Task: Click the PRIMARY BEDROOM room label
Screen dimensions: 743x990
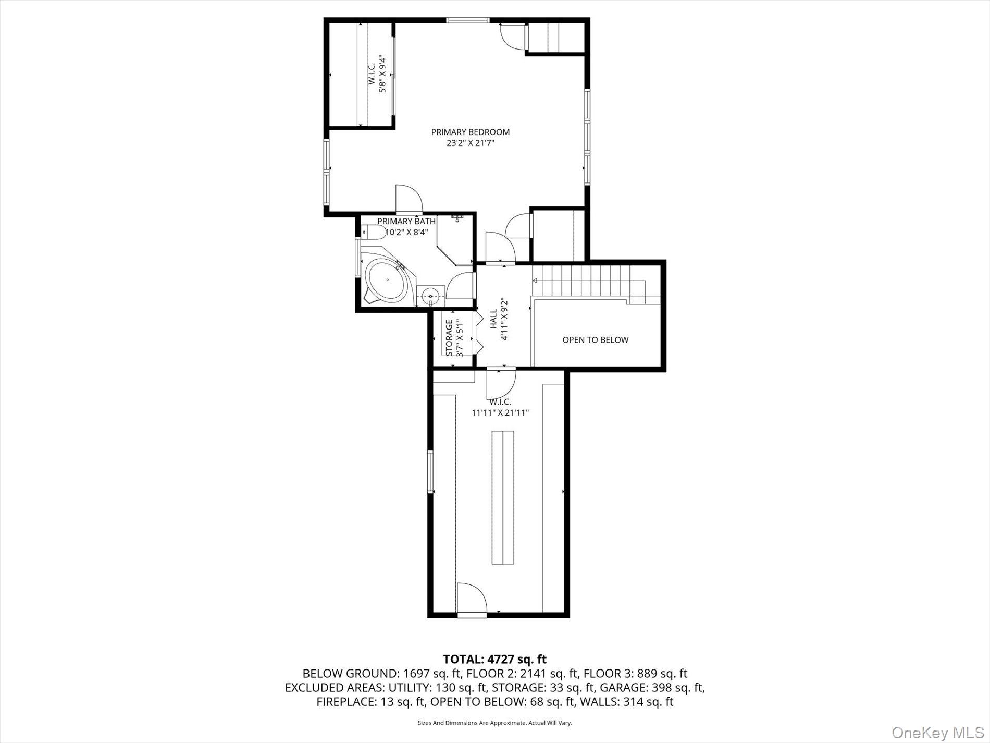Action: pos(470,132)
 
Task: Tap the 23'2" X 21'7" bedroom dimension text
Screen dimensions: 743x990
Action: pos(470,143)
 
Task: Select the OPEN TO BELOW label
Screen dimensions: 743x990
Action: pos(595,340)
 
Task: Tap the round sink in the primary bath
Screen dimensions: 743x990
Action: pos(431,296)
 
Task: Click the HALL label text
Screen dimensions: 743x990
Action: pos(493,319)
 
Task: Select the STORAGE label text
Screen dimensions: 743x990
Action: pos(449,338)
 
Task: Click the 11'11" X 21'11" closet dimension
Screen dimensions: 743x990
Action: pos(500,412)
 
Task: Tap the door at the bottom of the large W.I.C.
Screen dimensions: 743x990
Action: pos(472,600)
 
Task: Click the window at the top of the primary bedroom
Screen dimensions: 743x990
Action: pos(467,20)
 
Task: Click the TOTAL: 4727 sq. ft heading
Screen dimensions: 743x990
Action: pos(494,660)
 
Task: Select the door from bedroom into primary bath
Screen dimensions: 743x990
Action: pos(409,199)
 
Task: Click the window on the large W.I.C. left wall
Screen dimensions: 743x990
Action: pos(430,472)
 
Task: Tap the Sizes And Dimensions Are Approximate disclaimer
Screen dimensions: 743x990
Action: pos(494,723)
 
